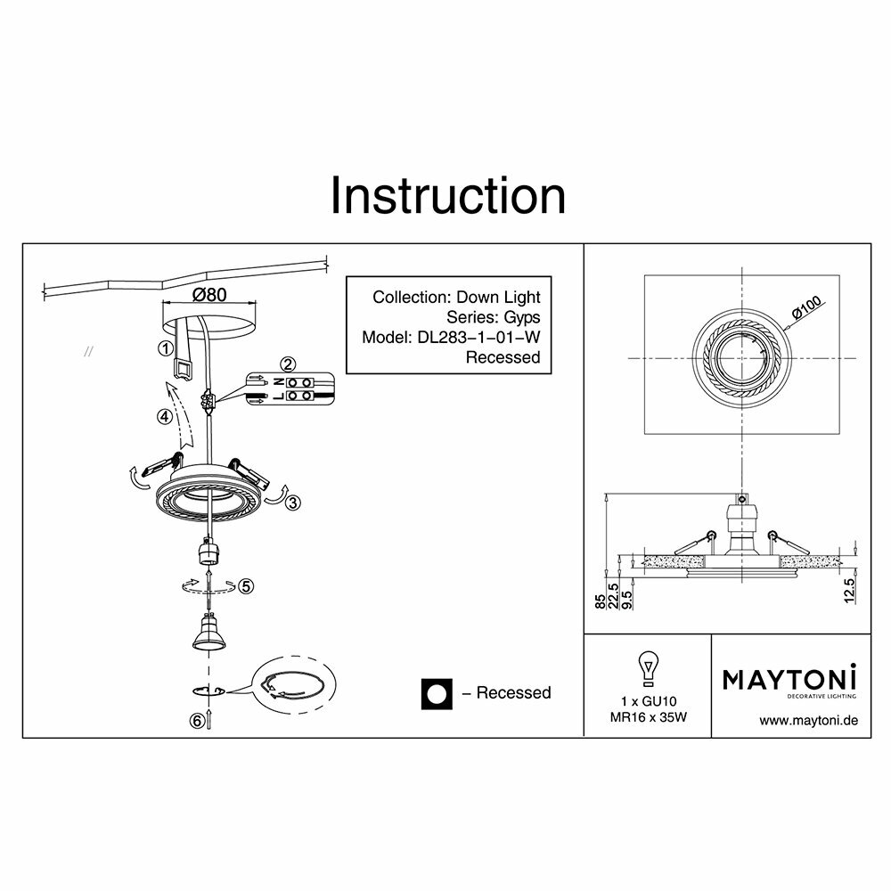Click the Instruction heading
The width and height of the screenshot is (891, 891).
[x=447, y=196]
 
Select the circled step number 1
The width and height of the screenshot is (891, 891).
[x=165, y=348]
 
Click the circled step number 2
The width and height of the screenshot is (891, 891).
[x=287, y=364]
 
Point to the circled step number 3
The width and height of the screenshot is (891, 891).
[x=295, y=503]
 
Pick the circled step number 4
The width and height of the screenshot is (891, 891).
[x=163, y=416]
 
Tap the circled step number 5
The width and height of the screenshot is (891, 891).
[x=247, y=585]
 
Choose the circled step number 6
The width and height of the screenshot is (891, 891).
[x=197, y=722]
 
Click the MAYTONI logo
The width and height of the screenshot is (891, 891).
[x=789, y=679]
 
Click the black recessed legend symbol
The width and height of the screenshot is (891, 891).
[x=437, y=692]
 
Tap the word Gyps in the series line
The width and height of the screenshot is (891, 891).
[x=521, y=317]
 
